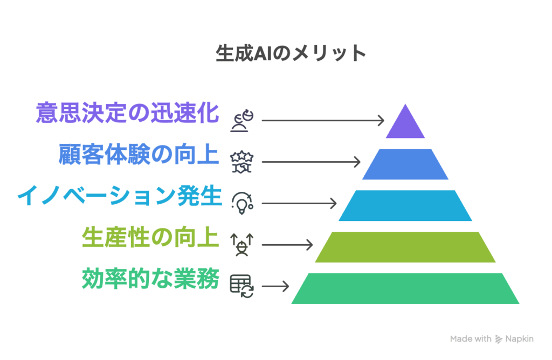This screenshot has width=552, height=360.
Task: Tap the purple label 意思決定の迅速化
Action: (x=128, y=113)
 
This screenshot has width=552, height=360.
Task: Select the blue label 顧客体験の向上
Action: (x=139, y=155)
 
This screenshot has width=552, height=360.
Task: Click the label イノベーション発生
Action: (x=119, y=196)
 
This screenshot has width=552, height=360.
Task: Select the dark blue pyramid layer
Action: (x=405, y=164)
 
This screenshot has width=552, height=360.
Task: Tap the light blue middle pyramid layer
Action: (x=405, y=205)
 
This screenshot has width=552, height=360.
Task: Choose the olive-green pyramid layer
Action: (x=405, y=247)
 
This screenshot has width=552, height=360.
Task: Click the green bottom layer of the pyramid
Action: (x=405, y=288)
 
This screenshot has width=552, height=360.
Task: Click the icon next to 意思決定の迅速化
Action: (x=242, y=120)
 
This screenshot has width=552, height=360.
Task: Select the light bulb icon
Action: (x=241, y=203)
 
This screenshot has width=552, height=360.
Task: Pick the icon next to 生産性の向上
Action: (x=242, y=244)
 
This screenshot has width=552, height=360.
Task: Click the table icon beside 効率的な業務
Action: (x=242, y=285)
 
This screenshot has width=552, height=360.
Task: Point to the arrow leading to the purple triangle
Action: (x=323, y=120)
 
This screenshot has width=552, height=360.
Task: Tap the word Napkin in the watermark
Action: (x=519, y=339)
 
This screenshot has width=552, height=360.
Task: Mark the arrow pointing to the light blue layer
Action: (x=299, y=203)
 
